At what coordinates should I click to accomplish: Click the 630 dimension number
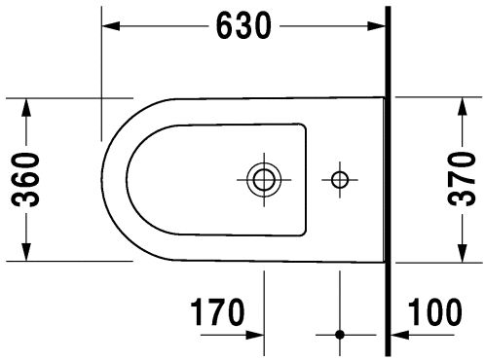point(243,25)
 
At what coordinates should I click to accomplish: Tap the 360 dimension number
point(25,179)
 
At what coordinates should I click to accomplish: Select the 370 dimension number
point(462,179)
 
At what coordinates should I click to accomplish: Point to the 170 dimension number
point(217,312)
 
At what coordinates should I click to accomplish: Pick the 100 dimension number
point(434,312)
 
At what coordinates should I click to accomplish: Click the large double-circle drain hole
point(264,179)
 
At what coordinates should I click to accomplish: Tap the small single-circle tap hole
point(340,179)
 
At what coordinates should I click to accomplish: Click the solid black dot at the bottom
point(340,335)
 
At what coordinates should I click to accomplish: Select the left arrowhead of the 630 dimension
point(111,26)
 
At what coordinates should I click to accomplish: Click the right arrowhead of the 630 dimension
point(376,26)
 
